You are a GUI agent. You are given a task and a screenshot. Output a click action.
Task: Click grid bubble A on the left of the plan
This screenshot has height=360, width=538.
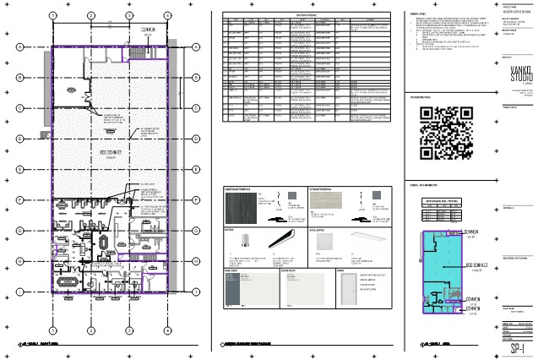19,46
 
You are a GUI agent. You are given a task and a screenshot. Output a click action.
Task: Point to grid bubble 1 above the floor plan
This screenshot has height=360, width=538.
52,16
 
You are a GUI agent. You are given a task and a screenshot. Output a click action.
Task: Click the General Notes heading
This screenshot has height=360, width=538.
418,14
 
